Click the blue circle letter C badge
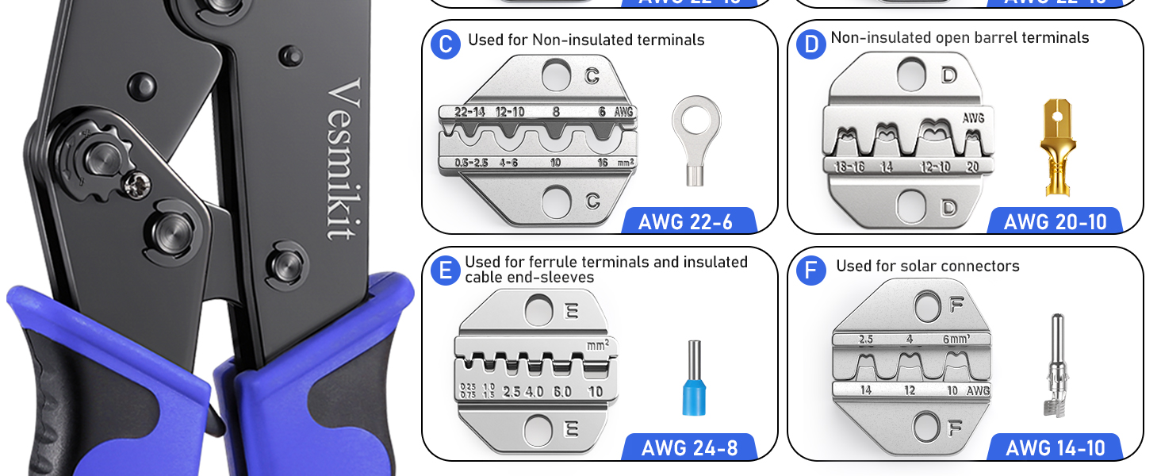pyautogui.click(x=446, y=44)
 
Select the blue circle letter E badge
pyautogui.click(x=446, y=271)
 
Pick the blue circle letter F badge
pyautogui.click(x=810, y=271)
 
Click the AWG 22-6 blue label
pyautogui.click(x=686, y=221)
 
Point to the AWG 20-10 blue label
pyautogui.click(x=1055, y=221)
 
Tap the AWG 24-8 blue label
pyautogui.click(x=689, y=447)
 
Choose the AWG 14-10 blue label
pyautogui.click(x=1055, y=447)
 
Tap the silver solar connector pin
pyautogui.click(x=1055, y=365)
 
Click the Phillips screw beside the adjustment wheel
pyautogui.click(x=132, y=185)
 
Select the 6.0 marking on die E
pyautogui.click(x=562, y=391)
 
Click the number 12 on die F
pyautogui.click(x=910, y=390)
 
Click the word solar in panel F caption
pyautogui.click(x=920, y=266)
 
